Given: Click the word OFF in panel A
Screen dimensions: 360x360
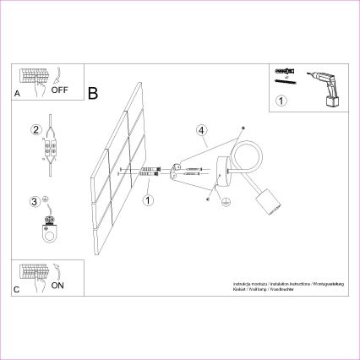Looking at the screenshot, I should (x=59, y=88).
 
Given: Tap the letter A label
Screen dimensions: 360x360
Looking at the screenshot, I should (x=17, y=95).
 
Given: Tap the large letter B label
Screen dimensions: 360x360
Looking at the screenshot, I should (x=93, y=90).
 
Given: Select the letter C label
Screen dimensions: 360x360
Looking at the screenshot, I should (x=17, y=290).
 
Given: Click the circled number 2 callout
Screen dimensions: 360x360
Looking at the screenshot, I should (x=35, y=130).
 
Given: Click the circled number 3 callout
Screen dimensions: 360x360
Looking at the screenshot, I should (x=35, y=202).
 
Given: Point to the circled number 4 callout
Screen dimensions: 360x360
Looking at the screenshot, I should (x=201, y=131).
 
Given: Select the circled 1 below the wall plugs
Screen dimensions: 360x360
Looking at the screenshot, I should (x=148, y=200).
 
